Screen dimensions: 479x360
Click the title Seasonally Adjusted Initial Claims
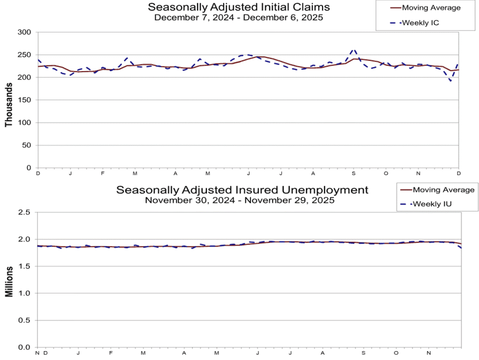[x=239, y=6]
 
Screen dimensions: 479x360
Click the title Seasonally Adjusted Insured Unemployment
[x=242, y=190]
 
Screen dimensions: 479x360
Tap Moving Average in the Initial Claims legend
[x=431, y=7]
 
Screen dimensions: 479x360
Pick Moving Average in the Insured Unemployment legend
[x=443, y=190]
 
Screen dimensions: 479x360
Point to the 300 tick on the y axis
[x=24, y=32]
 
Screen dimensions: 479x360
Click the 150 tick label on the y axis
[x=24, y=100]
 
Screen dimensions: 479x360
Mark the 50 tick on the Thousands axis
[x=26, y=145]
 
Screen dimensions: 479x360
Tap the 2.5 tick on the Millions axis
[x=24, y=212]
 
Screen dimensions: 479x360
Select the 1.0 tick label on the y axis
[x=24, y=293]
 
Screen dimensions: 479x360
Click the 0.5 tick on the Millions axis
[x=24, y=320]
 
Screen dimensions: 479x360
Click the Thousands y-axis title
[x=8, y=104]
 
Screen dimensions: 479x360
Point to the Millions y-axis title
[x=9, y=282]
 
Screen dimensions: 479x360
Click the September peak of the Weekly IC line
[x=354, y=49]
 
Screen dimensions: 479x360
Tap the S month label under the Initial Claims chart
[x=353, y=173]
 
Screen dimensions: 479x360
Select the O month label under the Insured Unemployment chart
[x=396, y=353]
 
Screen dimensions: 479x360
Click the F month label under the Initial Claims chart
[x=103, y=173]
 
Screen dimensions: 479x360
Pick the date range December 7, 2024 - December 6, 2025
[x=238, y=17]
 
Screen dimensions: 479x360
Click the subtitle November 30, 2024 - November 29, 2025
[x=239, y=200]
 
